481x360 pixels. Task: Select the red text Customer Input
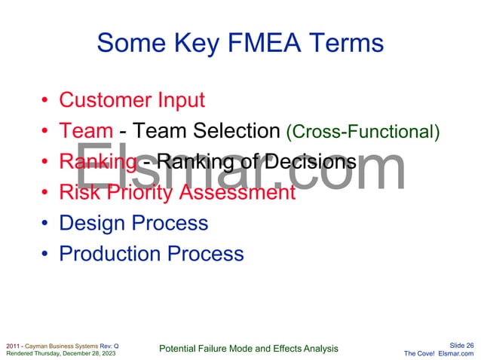(x=132, y=99)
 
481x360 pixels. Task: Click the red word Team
(x=86, y=131)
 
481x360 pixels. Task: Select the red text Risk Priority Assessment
(x=177, y=192)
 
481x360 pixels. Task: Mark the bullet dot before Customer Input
(x=46, y=101)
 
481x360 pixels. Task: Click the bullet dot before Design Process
(x=46, y=224)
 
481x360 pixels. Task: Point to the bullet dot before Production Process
(x=46, y=255)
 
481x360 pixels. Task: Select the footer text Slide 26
(x=461, y=345)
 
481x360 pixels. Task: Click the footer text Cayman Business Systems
(x=57, y=345)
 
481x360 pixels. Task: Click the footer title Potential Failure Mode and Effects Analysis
(x=250, y=348)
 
